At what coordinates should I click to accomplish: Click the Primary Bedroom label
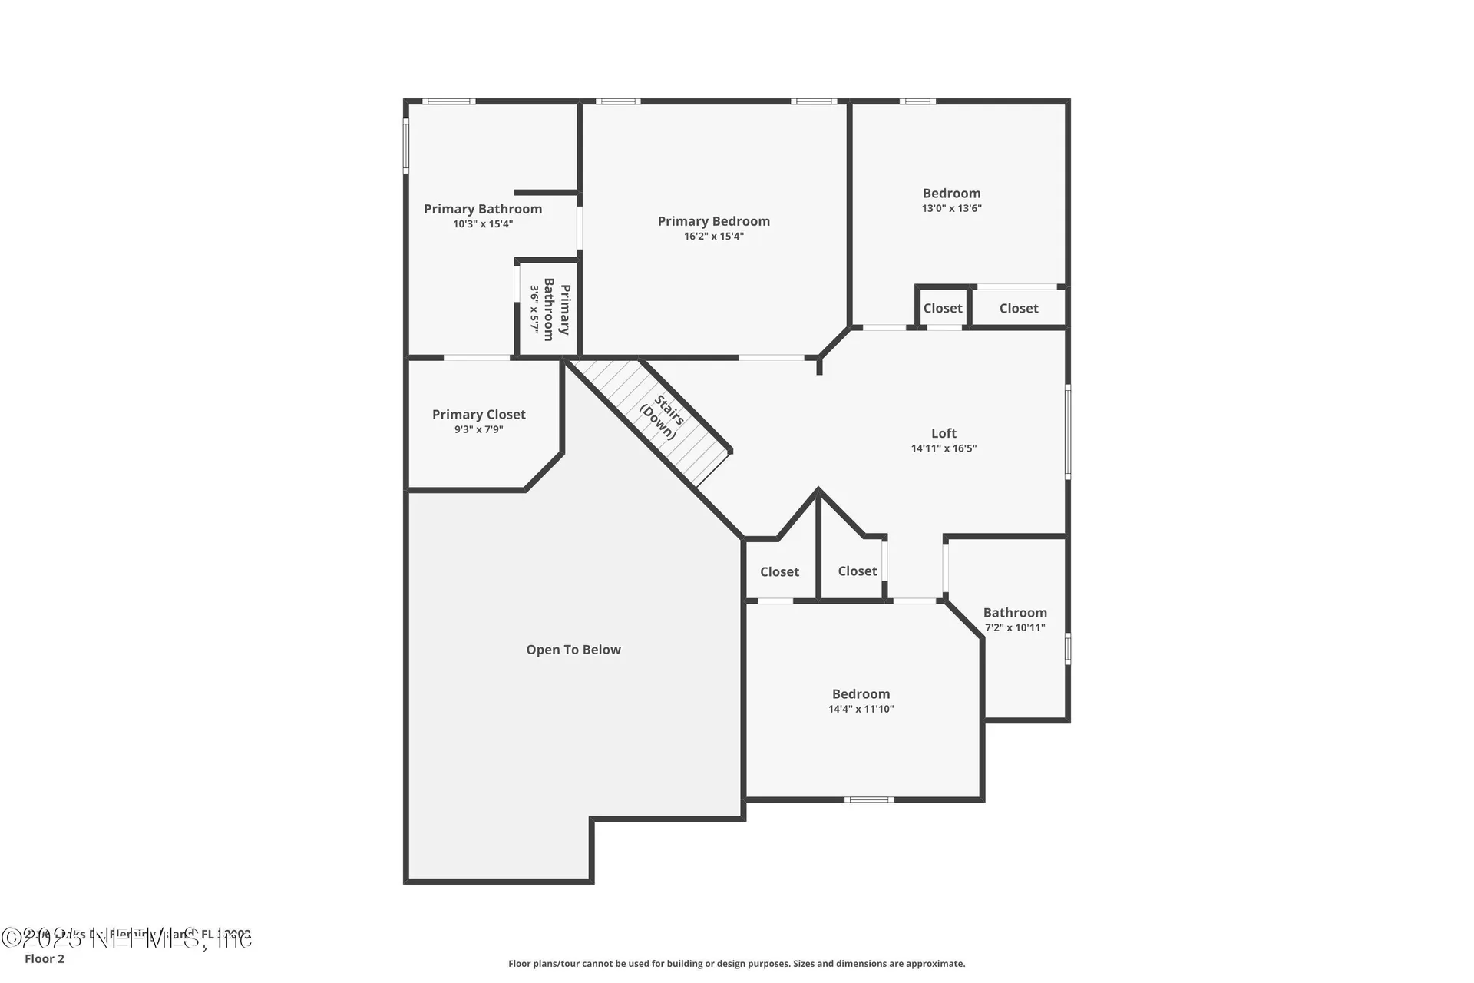coord(713,221)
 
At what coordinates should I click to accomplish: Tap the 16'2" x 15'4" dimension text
coord(713,237)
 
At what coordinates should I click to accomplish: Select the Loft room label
coord(944,433)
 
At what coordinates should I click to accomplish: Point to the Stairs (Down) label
coord(663,417)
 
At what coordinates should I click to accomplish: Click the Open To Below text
coord(573,650)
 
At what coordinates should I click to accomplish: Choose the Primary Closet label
coord(478,415)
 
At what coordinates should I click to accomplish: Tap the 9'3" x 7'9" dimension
coord(478,429)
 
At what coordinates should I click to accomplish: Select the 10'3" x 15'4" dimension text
coord(482,224)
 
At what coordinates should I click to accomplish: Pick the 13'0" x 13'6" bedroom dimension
coord(951,208)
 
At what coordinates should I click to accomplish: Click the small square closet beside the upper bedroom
coord(942,308)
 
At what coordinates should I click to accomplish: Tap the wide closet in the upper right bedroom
coord(1018,308)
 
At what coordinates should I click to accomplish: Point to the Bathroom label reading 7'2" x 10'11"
coord(1014,613)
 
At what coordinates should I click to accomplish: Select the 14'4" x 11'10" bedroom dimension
coord(861,709)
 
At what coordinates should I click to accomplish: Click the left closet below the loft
coord(779,571)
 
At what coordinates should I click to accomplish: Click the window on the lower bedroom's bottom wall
coord(868,799)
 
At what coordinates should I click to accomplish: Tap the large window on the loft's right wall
coord(1067,432)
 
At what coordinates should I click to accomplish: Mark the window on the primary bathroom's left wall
coord(406,144)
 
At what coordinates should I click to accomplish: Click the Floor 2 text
coord(45,958)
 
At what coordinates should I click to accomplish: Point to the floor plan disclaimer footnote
coord(736,963)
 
